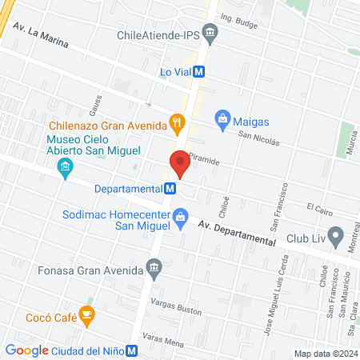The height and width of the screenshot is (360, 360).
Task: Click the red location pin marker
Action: click(x=180, y=164)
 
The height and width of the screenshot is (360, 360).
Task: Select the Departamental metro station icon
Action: click(x=170, y=189)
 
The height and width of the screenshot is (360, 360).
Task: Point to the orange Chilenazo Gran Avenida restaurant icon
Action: click(x=178, y=123)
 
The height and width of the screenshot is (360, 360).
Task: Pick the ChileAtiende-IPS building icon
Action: click(x=211, y=34)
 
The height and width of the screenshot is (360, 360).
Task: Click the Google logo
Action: click(x=27, y=350)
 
